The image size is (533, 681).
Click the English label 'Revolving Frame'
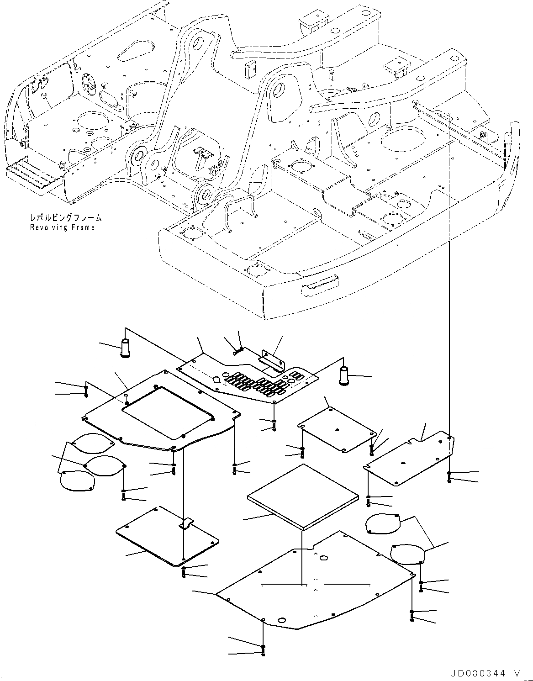pos(62,227)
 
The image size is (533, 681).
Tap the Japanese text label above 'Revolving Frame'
pos(66,218)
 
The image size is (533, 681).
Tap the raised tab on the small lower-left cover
pos(188,524)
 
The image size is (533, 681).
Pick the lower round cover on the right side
pos(408,554)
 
